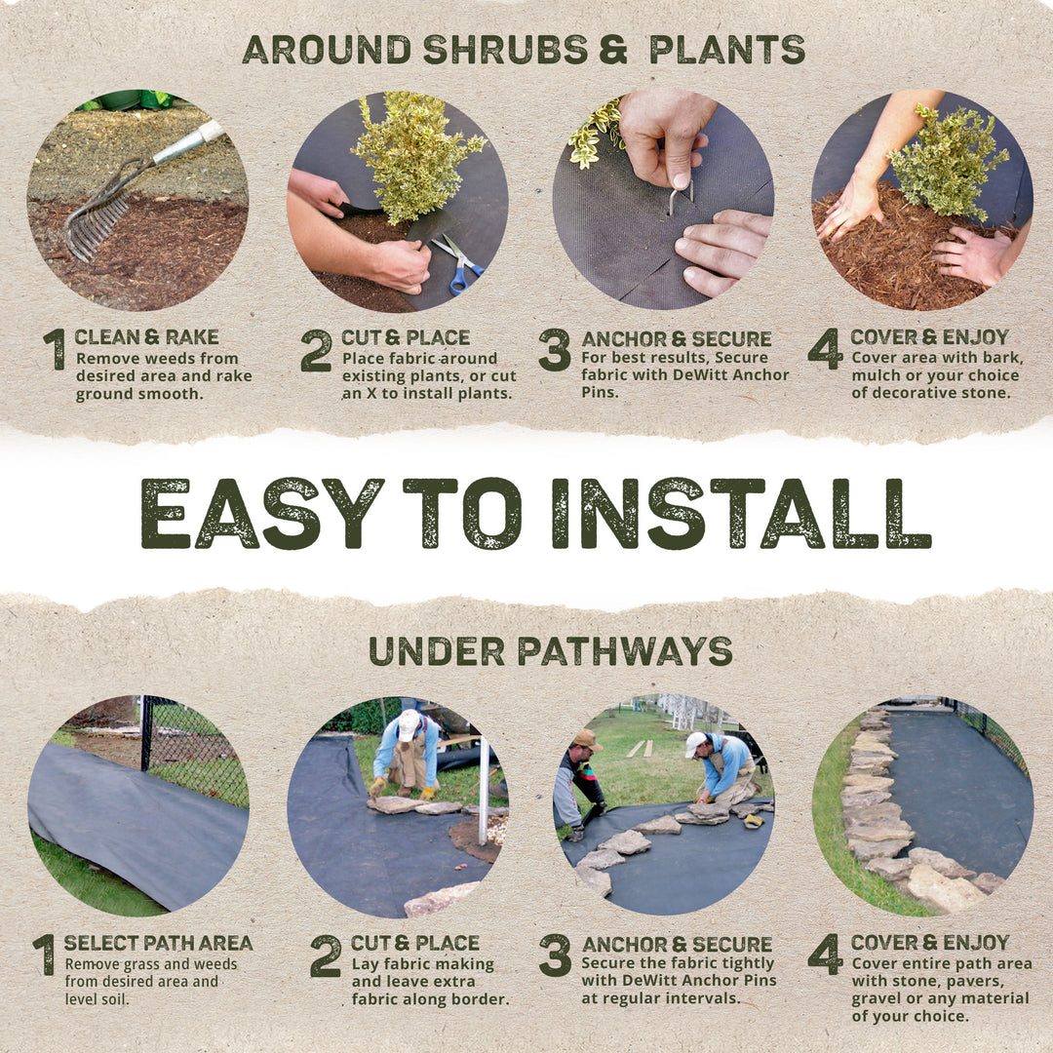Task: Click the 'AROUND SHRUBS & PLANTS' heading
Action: click(524, 49)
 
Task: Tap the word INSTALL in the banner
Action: click(741, 514)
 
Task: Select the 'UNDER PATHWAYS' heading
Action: click(550, 651)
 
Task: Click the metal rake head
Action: click(96, 223)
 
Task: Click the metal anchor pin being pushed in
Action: click(678, 199)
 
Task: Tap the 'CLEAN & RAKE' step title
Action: click(146, 337)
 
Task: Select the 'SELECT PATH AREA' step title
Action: click(158, 943)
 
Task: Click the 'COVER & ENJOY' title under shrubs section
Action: click(929, 337)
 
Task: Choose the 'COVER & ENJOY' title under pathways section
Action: click(929, 943)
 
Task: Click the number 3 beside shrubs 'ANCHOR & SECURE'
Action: click(554, 350)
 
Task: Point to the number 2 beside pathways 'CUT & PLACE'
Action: click(326, 956)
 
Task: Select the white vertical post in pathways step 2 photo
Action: click(483, 790)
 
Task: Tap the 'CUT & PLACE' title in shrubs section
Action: click(405, 337)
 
